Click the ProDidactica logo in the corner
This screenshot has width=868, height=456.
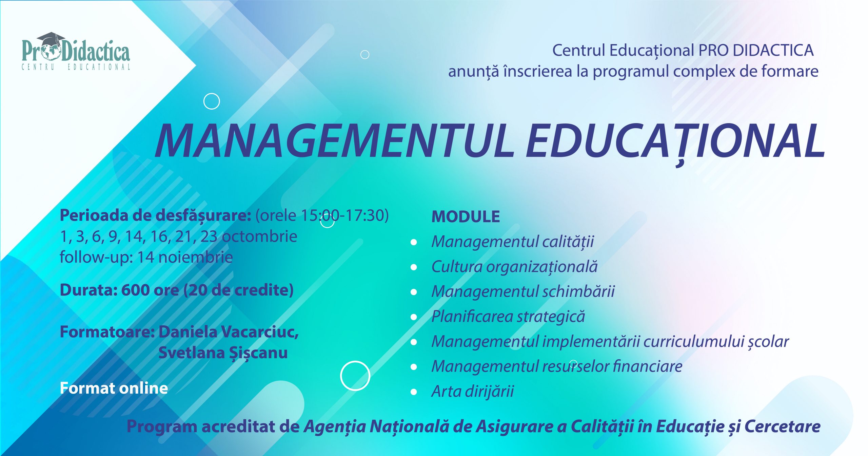coord(76,51)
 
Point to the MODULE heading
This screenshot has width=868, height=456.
coord(466,217)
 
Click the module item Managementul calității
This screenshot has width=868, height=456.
coord(513,242)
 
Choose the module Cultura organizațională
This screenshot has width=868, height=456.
coord(514,267)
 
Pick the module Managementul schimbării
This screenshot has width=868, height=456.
coord(523,291)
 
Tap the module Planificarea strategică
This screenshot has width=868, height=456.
coord(508,317)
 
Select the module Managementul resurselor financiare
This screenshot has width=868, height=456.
coord(557,366)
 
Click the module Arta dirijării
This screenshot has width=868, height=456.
coord(473,392)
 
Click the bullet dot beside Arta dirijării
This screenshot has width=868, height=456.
coord(414,392)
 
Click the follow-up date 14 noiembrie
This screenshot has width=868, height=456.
coord(185,257)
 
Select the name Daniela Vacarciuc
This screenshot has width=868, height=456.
coord(229,332)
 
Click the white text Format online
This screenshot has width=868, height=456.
coord(114,388)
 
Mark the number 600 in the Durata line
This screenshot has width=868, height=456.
coord(135,290)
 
